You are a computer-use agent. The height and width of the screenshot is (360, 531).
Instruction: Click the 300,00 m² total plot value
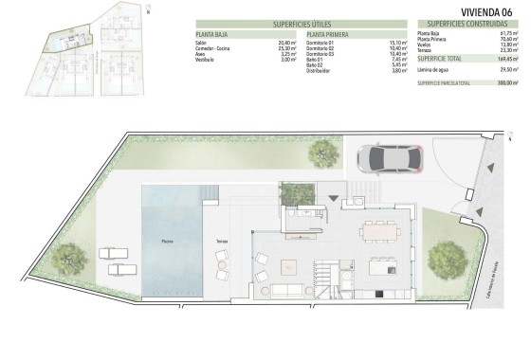coord(507,83)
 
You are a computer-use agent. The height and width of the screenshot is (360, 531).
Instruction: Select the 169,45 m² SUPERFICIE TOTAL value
coord(507,59)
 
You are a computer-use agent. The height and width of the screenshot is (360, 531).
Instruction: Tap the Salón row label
coord(202,42)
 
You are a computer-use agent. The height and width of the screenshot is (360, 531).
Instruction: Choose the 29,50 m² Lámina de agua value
coord(507,69)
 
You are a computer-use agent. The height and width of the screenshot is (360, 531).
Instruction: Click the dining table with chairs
coord(379,229)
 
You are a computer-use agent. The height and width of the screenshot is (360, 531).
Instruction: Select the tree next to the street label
coord(444,257)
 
